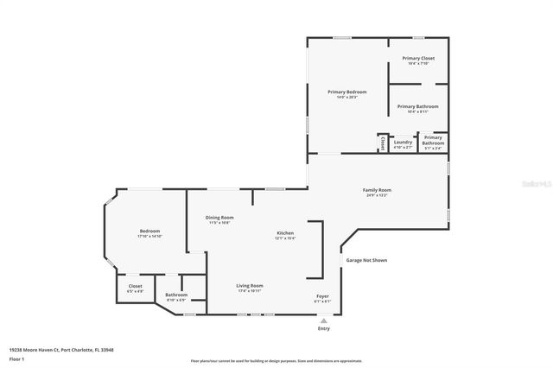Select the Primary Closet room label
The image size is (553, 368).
coord(418,59)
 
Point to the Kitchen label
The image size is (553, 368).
coord(285,234)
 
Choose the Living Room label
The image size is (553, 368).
coord(250,286)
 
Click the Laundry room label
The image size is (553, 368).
coord(404,144)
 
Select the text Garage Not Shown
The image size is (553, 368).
coord(366,259)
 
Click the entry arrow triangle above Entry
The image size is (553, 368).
coord(324,320)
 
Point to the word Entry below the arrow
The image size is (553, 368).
coord(324,328)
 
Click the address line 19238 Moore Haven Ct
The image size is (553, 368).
coord(61,350)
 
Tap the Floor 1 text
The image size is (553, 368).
coord(16,358)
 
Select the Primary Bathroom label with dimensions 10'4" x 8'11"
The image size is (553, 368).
coord(417,107)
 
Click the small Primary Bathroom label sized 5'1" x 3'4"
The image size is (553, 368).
coord(433,143)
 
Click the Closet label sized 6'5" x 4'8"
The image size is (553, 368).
coord(136,287)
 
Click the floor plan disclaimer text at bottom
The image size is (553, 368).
coord(276,361)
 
